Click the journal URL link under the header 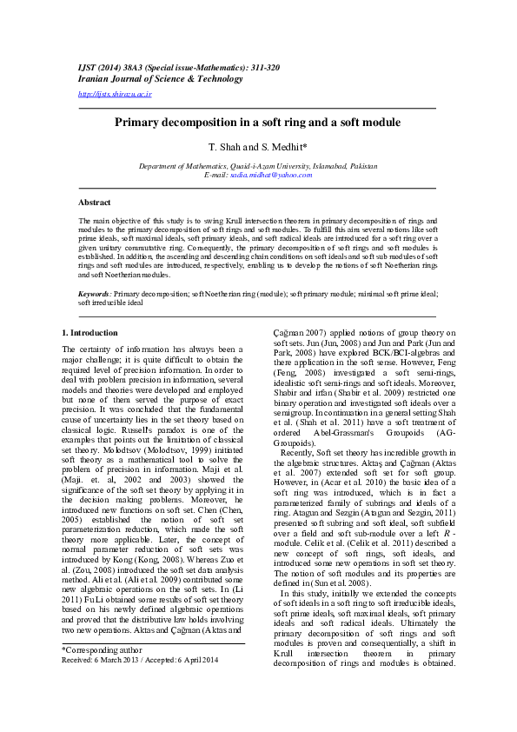[x=115, y=93]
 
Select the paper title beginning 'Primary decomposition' [x=258, y=123]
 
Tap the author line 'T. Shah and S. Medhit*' [x=258, y=148]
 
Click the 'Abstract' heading [x=94, y=202]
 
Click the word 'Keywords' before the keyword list [x=94, y=295]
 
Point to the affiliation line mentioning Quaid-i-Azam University [x=258, y=165]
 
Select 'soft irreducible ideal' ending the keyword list [x=111, y=303]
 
